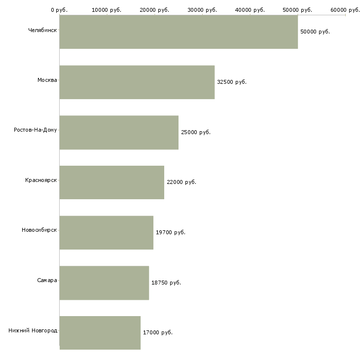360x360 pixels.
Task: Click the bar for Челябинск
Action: tap(179, 32)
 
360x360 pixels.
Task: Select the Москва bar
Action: tap(137, 82)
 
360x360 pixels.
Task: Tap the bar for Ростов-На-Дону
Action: tap(119, 133)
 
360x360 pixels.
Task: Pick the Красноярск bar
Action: tap(112, 182)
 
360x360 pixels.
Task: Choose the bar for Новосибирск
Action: tap(107, 233)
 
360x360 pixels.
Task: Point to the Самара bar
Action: tap(104, 283)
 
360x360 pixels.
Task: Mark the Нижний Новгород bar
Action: tap(100, 333)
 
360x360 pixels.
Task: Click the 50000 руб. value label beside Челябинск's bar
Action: tap(315, 32)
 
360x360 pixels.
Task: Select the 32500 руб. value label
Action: tap(232, 82)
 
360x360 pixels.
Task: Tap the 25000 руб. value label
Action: tap(196, 132)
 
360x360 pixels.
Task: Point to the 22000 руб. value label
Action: tap(181, 182)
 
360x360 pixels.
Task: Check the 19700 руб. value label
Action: tap(171, 232)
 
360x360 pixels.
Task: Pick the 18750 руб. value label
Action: tap(166, 283)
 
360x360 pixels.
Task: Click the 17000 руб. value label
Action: tap(158, 332)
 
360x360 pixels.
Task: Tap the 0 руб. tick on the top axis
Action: tap(59, 10)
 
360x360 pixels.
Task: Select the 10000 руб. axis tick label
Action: tap(107, 10)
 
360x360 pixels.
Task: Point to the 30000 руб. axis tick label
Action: tap(202, 10)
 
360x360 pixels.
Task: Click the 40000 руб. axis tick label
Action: tap(250, 10)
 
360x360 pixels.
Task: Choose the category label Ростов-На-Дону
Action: tap(36, 130)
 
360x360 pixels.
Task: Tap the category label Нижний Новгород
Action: tap(33, 330)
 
